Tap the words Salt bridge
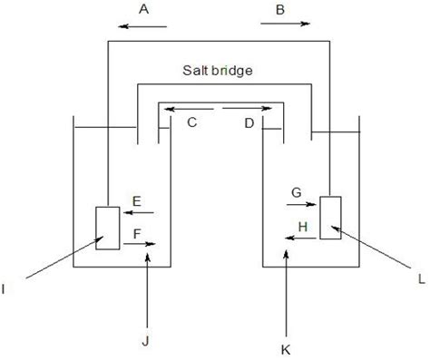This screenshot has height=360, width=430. pyautogui.click(x=216, y=69)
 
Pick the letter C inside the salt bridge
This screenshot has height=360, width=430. pyautogui.click(x=192, y=123)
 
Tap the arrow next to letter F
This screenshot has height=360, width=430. pyautogui.click(x=146, y=244)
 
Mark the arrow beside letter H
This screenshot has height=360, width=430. pyautogui.click(x=299, y=237)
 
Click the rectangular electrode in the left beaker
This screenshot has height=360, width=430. pyautogui.click(x=107, y=228)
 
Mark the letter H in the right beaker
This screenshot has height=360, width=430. pyautogui.click(x=303, y=223)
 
